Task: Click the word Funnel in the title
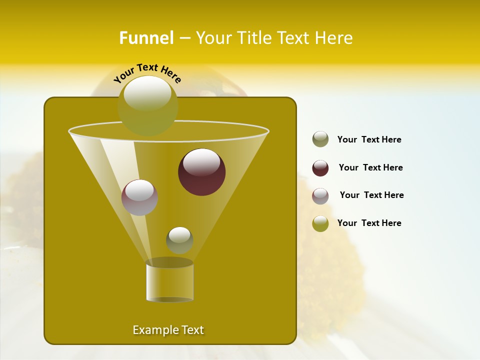146,38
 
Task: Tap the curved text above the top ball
147,73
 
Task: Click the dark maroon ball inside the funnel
202,172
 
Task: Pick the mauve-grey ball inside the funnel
140,197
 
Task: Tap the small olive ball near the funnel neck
179,240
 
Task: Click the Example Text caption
168,330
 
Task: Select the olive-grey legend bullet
320,139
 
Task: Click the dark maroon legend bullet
320,168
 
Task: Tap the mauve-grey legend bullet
320,196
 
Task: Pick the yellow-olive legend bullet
320,223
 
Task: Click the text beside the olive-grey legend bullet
369,140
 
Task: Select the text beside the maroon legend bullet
370,168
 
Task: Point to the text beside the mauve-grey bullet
371,195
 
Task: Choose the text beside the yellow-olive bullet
369,223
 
